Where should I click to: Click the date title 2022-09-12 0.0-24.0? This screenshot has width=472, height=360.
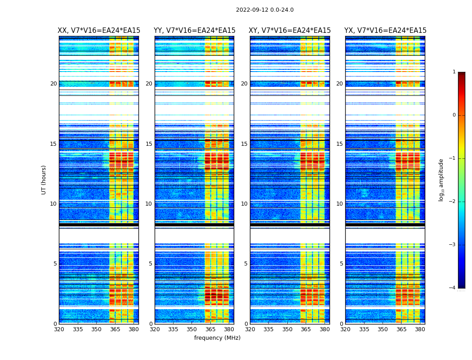click(264, 10)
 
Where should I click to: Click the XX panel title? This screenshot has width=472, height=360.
click(99, 31)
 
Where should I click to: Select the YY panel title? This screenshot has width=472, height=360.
click(194, 31)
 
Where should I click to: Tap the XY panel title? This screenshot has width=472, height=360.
click(290, 31)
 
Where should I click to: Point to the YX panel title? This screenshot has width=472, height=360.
click(385, 31)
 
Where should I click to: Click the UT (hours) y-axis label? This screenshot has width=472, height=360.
click(44, 180)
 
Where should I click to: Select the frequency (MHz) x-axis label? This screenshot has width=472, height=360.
click(217, 338)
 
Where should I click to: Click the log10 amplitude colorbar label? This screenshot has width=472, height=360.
click(441, 180)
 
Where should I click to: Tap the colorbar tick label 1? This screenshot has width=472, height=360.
click(454, 72)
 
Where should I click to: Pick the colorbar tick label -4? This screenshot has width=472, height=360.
click(453, 288)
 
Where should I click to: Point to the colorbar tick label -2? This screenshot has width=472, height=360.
click(453, 202)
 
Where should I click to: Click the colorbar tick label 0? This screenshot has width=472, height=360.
click(454, 115)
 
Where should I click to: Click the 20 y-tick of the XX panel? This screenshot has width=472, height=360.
click(53, 84)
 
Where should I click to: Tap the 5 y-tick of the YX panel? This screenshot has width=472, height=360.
click(341, 264)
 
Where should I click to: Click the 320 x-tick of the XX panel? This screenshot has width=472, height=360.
click(59, 329)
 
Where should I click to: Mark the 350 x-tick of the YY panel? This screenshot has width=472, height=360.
click(192, 329)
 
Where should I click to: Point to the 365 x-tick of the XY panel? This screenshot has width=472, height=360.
click(306, 329)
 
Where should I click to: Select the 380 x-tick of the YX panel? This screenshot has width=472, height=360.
click(420, 329)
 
